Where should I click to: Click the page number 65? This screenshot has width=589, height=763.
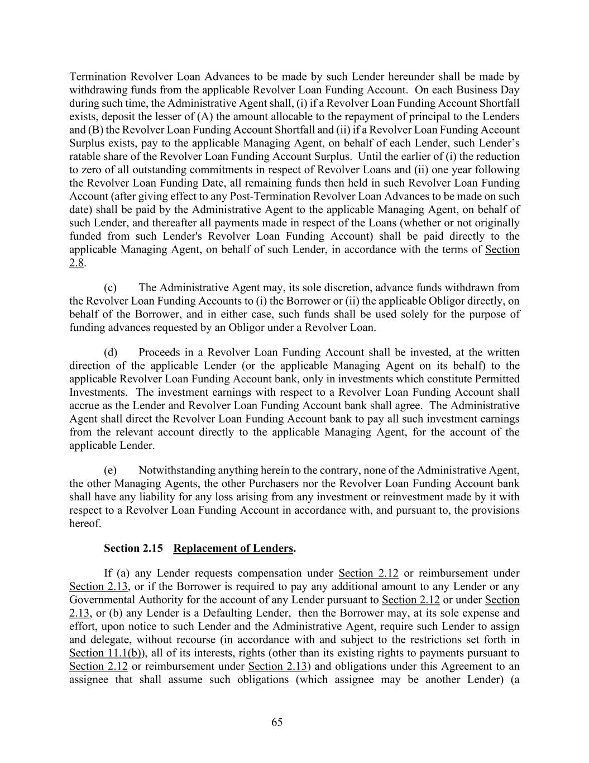point(277,722)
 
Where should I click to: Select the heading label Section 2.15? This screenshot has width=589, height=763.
point(133,548)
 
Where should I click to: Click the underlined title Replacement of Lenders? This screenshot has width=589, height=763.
point(233,548)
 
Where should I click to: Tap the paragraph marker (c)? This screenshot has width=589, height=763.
point(111,288)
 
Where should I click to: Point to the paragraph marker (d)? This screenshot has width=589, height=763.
point(111,353)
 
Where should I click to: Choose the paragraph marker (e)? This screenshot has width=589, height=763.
point(111,471)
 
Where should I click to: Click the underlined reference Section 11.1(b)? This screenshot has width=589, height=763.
point(104,653)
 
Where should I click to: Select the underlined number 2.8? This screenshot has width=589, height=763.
point(76,263)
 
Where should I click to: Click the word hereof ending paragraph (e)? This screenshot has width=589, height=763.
point(85,524)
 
